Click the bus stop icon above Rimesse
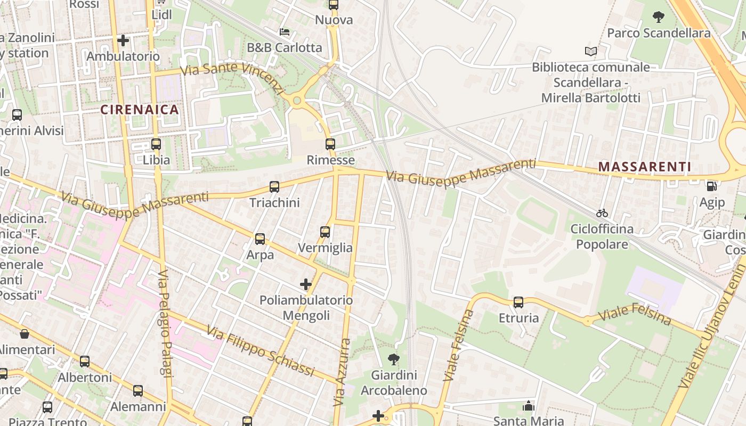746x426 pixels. coord(330,144)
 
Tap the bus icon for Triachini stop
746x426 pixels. coord(274,187)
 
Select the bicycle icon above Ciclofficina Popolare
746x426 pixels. coord(602,213)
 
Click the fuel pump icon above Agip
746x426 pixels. coord(711,186)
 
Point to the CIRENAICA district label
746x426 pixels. coord(140,110)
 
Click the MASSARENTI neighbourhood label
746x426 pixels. coord(644,167)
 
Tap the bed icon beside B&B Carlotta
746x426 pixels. coord(285,32)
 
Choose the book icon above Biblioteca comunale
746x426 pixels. coord(590,52)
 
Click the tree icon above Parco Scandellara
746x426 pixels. coord(659,17)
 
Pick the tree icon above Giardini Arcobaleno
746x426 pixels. coord(394,359)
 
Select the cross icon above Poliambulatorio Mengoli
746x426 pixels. coord(306,284)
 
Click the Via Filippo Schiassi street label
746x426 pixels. coord(261,351)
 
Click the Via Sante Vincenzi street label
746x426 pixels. coord(232,78)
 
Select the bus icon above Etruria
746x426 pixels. coord(518,302)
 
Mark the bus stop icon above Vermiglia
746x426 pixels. coord(325,232)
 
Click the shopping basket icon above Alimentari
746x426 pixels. coord(25,334)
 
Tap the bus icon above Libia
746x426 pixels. coord(156,144)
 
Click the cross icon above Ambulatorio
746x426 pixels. coord(123,40)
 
